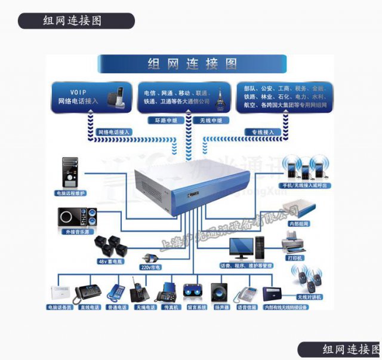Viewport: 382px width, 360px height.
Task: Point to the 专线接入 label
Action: point(263,131)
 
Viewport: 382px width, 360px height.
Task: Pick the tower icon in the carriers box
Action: point(220,97)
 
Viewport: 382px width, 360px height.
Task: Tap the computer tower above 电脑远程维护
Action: point(71,173)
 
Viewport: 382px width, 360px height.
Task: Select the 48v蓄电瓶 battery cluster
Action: point(109,245)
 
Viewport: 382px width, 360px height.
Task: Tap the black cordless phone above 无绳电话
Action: point(138,291)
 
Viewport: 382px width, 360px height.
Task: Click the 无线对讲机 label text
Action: point(309,297)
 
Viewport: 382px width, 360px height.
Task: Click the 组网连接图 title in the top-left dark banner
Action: point(72,21)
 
